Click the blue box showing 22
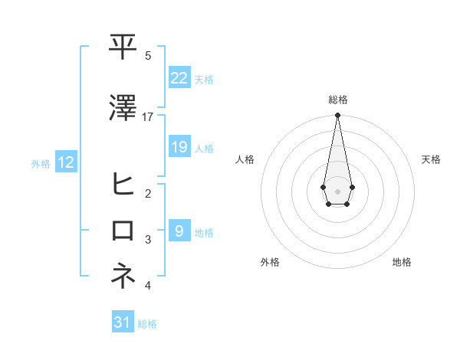click(179, 77)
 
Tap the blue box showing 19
click(179, 147)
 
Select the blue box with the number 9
click(179, 231)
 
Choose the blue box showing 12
click(66, 162)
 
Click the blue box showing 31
click(123, 322)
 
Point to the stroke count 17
click(148, 117)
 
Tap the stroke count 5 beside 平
click(148, 56)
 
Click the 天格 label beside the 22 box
click(204, 79)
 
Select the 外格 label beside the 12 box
click(41, 163)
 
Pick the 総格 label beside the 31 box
click(147, 324)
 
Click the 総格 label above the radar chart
click(337, 100)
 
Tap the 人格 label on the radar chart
click(245, 159)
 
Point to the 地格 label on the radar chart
click(402, 262)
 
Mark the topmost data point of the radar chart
click(337, 115)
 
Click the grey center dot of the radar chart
click(337, 191)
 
